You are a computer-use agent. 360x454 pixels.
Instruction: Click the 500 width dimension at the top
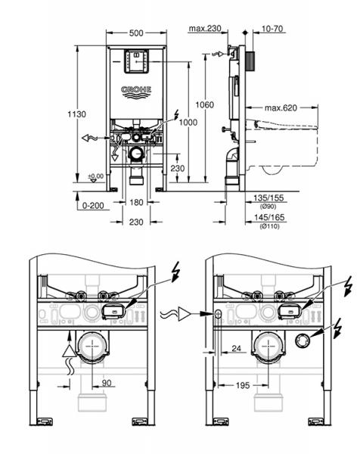[138, 34]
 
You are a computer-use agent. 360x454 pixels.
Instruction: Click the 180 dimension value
[136, 202]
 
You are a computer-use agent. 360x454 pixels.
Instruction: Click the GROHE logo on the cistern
[137, 90]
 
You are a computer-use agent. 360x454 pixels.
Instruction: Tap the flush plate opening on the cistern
[137, 64]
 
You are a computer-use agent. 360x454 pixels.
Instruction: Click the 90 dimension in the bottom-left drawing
[107, 384]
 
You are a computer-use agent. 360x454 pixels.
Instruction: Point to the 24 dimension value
[237, 350]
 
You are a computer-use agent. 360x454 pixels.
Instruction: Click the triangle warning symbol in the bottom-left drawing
[70, 347]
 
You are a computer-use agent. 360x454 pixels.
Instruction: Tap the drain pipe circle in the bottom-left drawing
[95, 347]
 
